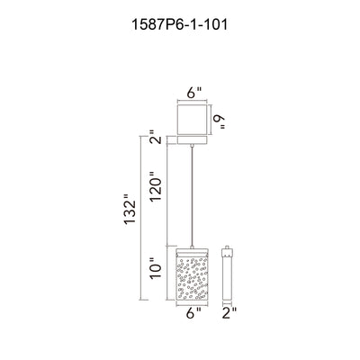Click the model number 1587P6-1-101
[x=180, y=25]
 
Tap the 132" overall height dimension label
[x=130, y=209]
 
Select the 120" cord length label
[x=156, y=186]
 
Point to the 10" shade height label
[x=156, y=267]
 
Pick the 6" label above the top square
[x=194, y=93]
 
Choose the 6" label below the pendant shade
[x=193, y=313]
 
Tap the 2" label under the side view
[x=229, y=313]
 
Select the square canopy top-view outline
[x=193, y=120]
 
